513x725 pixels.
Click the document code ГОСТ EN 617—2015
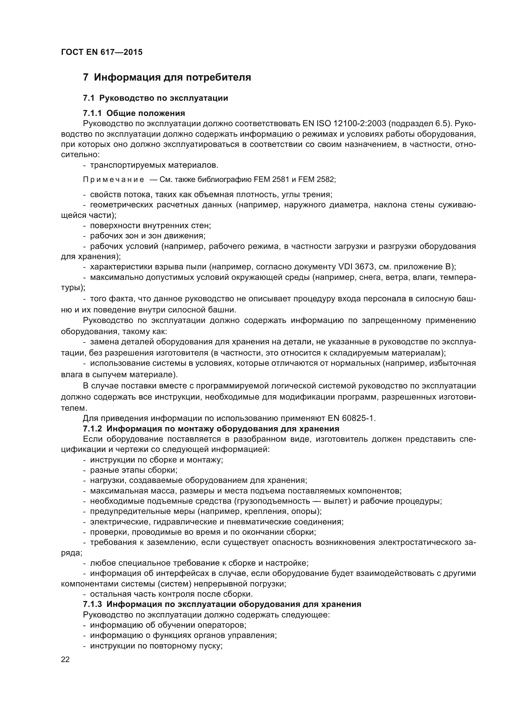point(101,52)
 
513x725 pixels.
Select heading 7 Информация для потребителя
point(167,77)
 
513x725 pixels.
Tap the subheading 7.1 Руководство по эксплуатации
point(155,98)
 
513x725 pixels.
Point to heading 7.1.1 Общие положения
point(134,113)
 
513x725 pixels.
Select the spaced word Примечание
point(114,180)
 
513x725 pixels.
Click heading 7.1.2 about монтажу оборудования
point(211,429)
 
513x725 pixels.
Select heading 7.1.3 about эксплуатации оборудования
point(222,604)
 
